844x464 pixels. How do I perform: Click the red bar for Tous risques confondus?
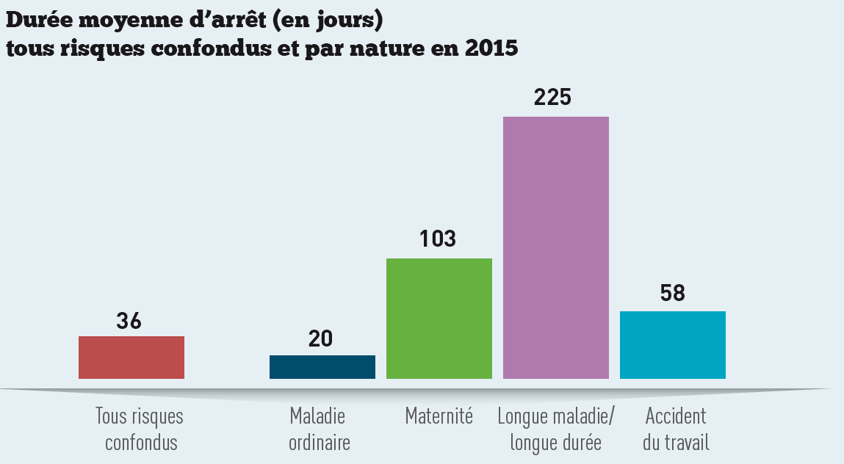(131, 358)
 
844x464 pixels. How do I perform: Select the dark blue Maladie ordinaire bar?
(322, 367)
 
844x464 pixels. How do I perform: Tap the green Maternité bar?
(439, 319)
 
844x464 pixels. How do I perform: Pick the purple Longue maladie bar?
(555, 248)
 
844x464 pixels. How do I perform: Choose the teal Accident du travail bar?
(672, 345)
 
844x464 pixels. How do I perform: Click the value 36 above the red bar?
(129, 321)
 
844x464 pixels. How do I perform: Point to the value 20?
(321, 339)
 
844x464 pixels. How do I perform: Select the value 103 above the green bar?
(438, 239)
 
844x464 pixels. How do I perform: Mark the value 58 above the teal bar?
(672, 294)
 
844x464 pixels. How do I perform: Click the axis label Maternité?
(439, 417)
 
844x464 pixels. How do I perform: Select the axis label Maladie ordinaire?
(318, 429)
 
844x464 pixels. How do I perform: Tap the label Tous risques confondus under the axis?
(140, 429)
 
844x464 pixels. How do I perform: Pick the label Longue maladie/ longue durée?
(556, 429)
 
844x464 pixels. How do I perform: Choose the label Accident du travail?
(675, 429)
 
